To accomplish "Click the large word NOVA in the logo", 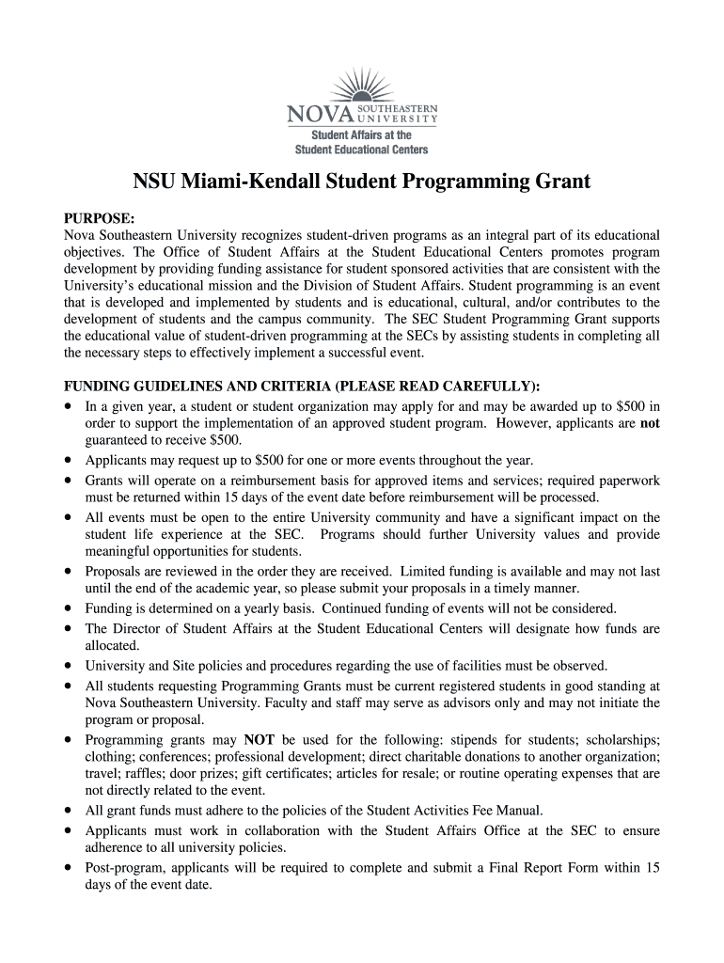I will [x=317, y=117].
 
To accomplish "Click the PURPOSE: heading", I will [x=100, y=217].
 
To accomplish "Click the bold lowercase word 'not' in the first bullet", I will [x=650, y=423].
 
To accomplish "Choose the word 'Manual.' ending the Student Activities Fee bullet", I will [x=546, y=810].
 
